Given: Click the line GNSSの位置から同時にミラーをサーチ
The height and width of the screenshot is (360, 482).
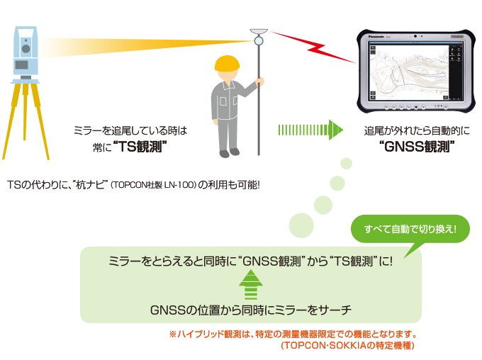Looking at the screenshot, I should (251, 310).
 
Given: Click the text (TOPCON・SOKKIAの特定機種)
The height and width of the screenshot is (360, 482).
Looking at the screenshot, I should (347, 346).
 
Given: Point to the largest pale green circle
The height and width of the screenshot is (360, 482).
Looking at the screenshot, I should (301, 225).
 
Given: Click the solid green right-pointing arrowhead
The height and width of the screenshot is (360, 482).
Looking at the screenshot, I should (336, 130).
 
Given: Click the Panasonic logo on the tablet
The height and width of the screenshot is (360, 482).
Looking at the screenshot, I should (376, 35).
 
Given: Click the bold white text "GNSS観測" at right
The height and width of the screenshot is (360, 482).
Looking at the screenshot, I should (415, 148).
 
